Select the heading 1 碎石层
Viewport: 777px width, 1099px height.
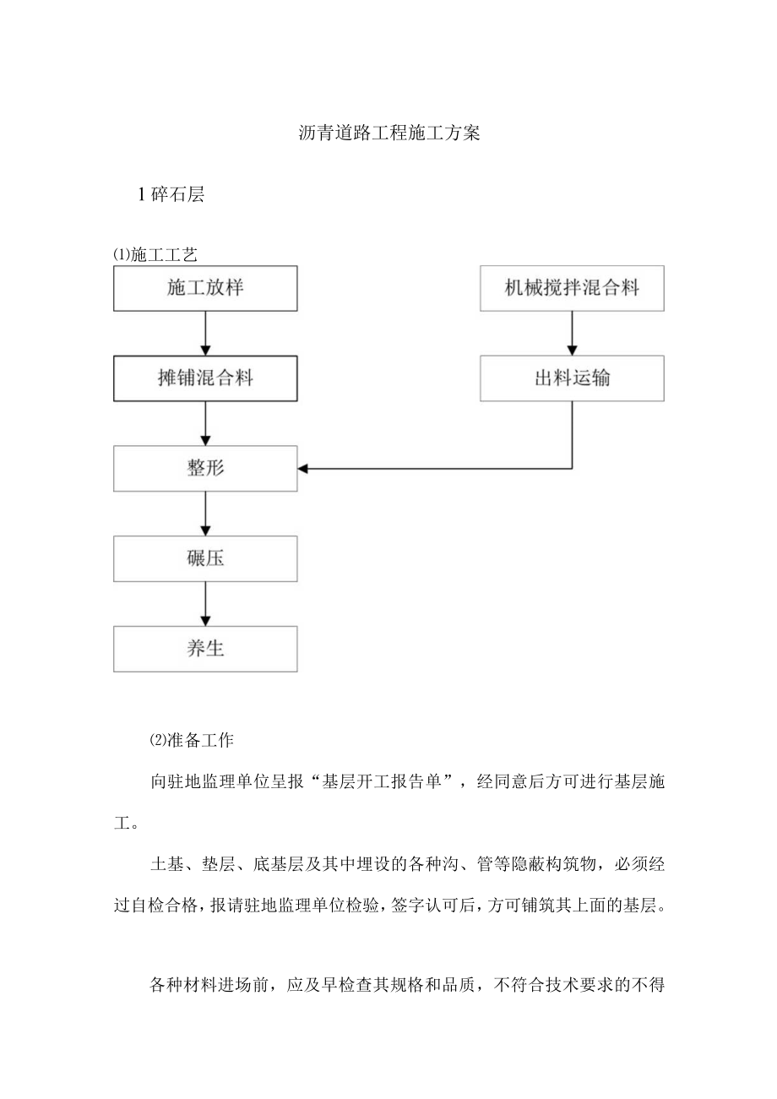coord(171,195)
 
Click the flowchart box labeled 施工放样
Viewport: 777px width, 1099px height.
coord(205,288)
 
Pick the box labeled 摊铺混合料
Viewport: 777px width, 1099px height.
coord(205,378)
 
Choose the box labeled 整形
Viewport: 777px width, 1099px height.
coord(205,468)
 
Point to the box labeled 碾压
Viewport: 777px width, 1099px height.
coord(205,558)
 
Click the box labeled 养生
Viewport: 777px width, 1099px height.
coord(205,649)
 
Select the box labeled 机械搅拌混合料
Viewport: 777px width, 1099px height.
coord(572,288)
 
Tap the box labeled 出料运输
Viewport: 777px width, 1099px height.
coord(572,378)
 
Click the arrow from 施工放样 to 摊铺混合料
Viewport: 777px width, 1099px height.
coord(205,333)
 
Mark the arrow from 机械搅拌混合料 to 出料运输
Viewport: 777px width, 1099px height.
coord(572,333)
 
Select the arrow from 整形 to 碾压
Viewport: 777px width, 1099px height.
coord(205,514)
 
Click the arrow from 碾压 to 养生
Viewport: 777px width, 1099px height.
coord(205,603)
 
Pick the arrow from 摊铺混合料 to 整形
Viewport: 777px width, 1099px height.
coord(205,422)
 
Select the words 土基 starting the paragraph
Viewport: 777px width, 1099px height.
coord(165,865)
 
